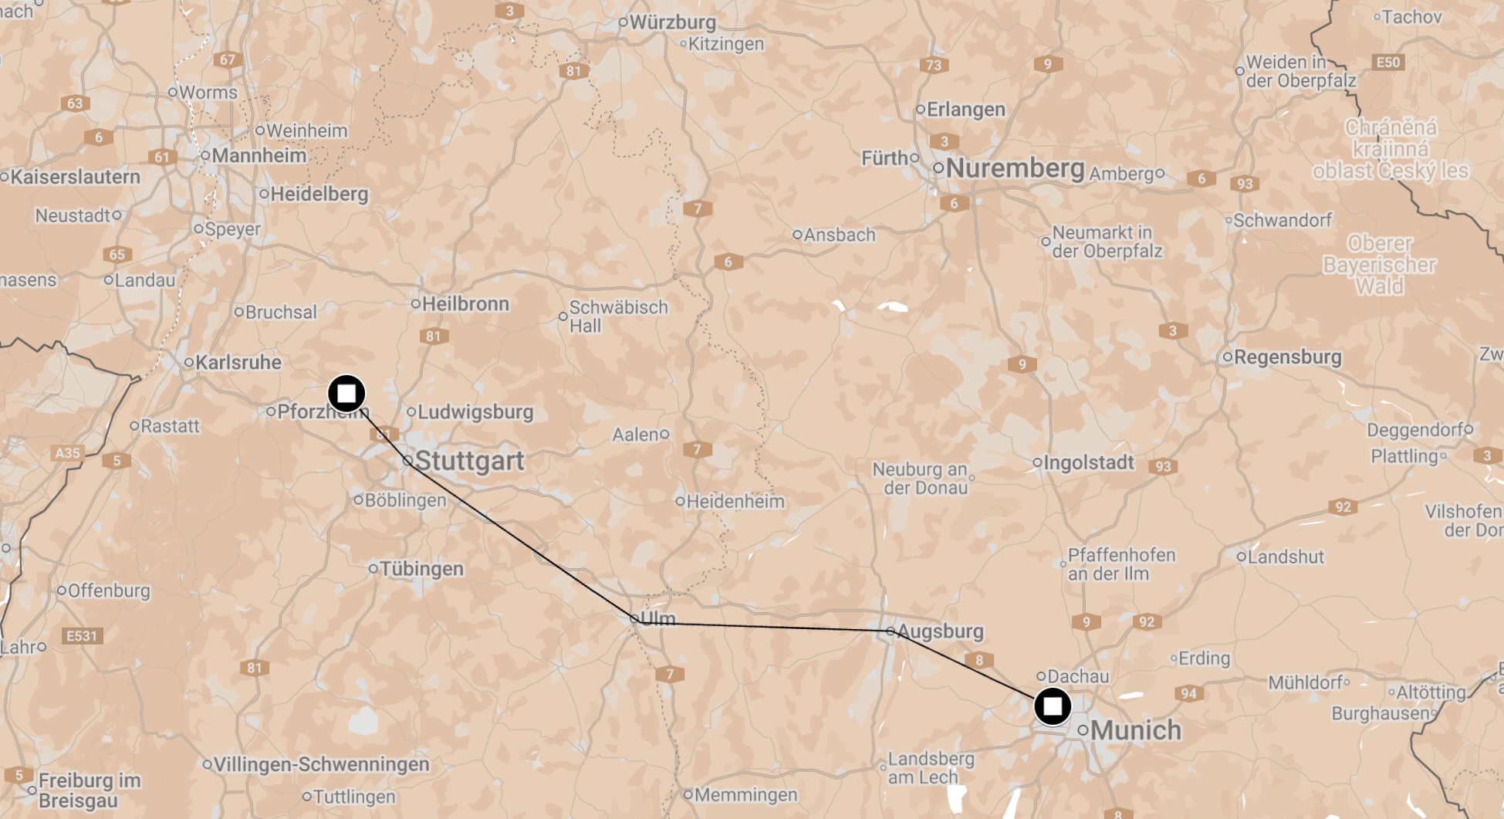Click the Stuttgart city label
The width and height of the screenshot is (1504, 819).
(469, 461)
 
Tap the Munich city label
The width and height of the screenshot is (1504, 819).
(1135, 729)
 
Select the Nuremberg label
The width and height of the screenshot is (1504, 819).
(1015, 168)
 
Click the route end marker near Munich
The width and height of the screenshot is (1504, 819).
(1053, 706)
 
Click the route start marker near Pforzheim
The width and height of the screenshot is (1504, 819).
(346, 394)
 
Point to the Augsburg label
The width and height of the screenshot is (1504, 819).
(940, 631)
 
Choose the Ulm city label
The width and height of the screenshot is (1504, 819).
(657, 618)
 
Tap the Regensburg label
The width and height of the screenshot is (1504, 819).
(1287, 357)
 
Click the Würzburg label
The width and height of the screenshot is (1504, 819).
(672, 22)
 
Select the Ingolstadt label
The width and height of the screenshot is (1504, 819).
(1088, 462)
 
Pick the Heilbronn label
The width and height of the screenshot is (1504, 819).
(465, 303)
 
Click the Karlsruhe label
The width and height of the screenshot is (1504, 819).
(238, 362)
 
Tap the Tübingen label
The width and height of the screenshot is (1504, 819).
(421, 569)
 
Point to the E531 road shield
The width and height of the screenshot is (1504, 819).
(82, 636)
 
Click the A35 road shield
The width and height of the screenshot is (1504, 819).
(67, 453)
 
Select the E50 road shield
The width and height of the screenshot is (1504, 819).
(1387, 63)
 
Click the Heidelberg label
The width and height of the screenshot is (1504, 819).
(318, 194)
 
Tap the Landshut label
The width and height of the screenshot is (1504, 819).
(1285, 557)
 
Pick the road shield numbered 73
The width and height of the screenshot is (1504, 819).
(934, 65)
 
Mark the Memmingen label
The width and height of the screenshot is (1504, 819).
(745, 794)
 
